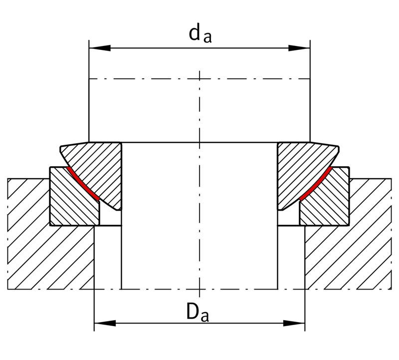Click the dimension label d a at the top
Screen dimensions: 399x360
(x=200, y=34)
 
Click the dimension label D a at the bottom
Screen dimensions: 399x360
(x=198, y=312)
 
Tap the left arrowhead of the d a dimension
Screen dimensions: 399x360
(x=100, y=48)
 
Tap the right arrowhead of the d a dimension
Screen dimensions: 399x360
(x=299, y=48)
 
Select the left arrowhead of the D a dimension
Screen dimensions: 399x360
(x=105, y=324)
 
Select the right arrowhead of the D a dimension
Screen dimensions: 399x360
(x=294, y=324)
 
